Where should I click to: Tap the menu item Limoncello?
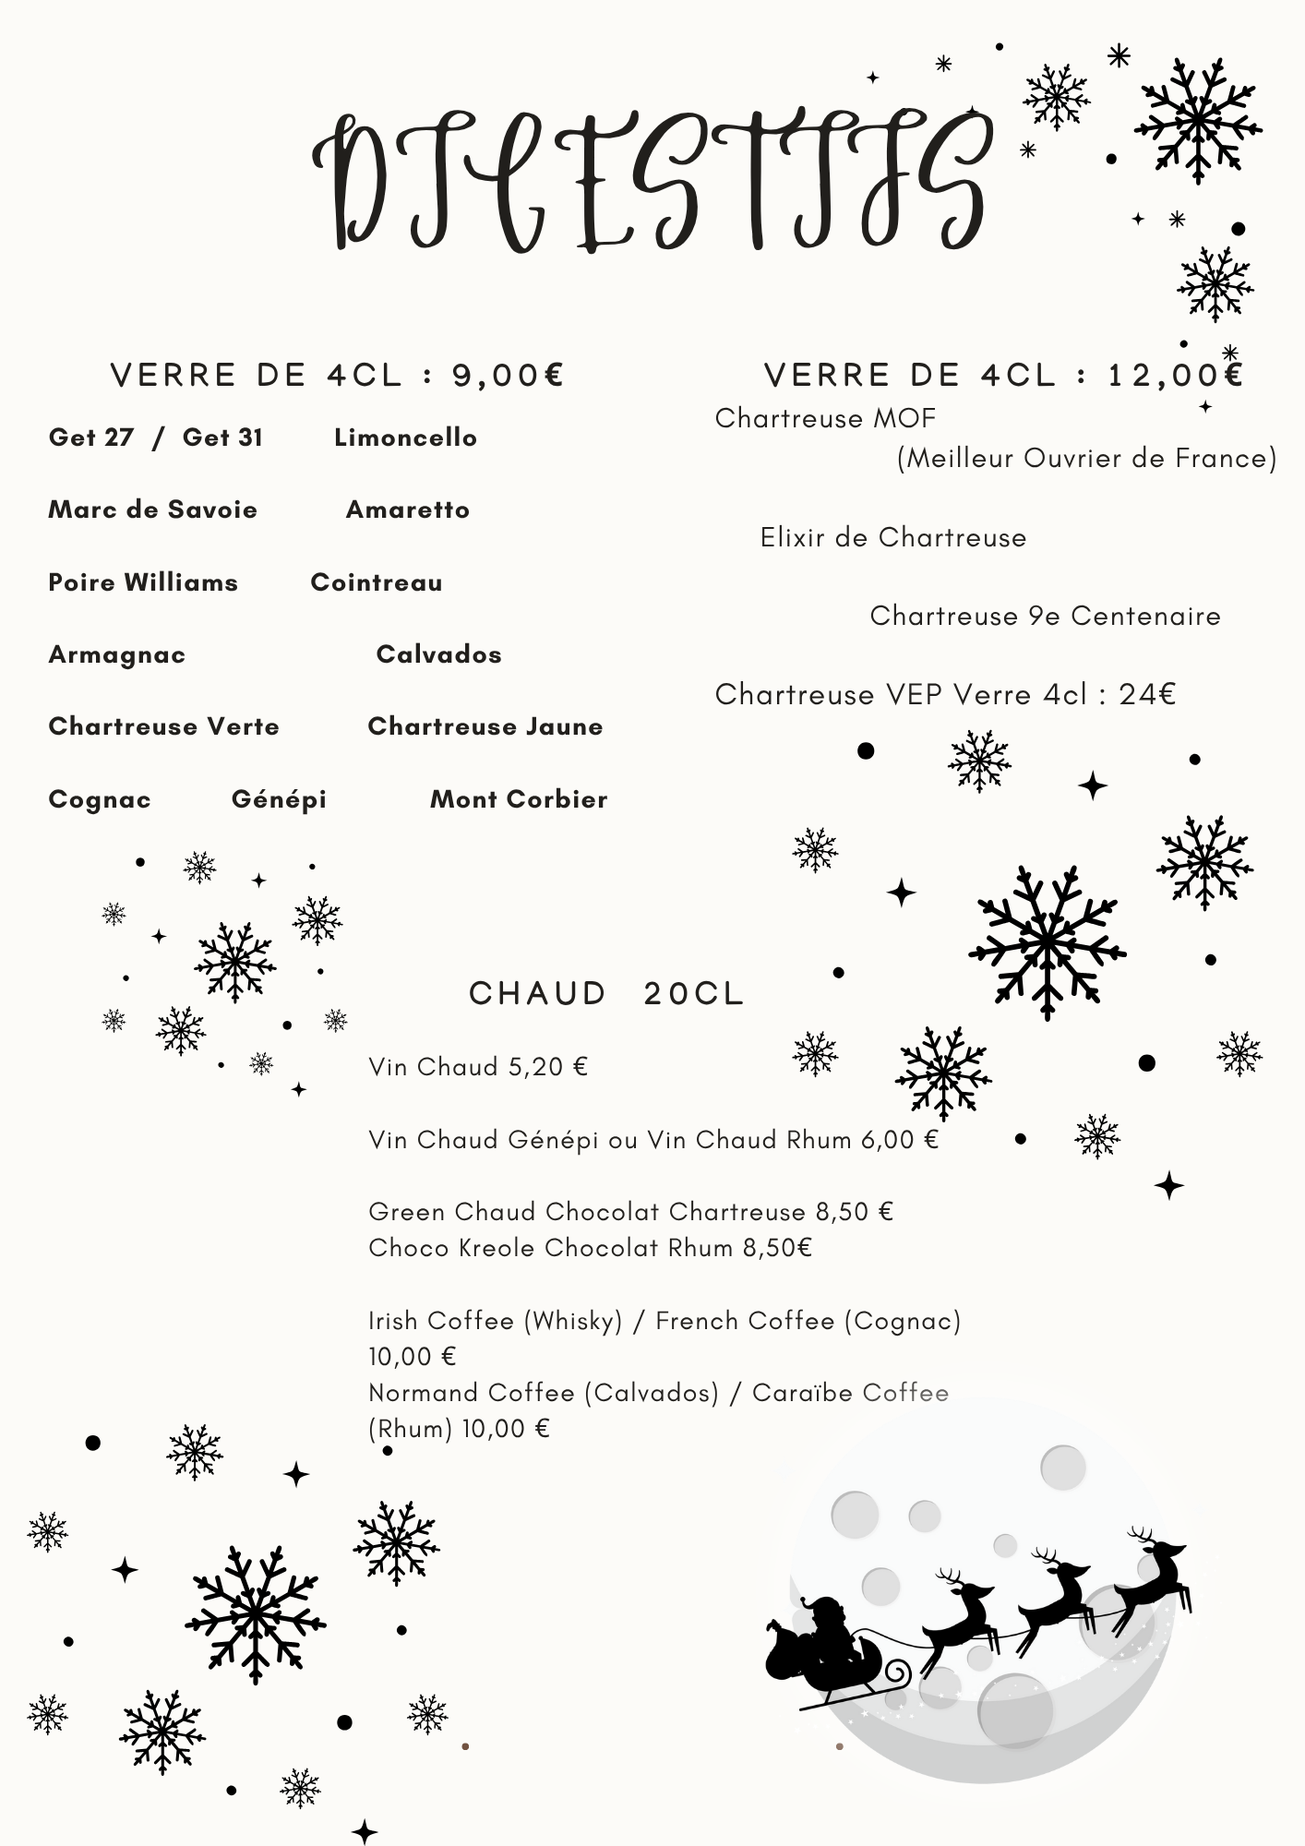pyautogui.click(x=405, y=438)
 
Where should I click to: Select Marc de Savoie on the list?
pyautogui.click(x=152, y=509)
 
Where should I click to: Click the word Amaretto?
pyautogui.click(x=407, y=509)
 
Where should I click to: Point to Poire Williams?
pyautogui.click(x=143, y=582)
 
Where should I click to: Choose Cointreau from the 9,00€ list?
pyautogui.click(x=377, y=582)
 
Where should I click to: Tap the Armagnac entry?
pyautogui.click(x=117, y=654)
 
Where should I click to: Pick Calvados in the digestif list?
pyautogui.click(x=438, y=654)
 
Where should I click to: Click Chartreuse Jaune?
pyautogui.click(x=485, y=726)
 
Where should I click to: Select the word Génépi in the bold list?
pyautogui.click(x=279, y=799)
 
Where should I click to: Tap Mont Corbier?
pyautogui.click(x=519, y=799)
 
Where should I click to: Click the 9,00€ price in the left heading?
pyautogui.click(x=508, y=376)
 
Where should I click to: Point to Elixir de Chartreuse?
pyautogui.click(x=892, y=537)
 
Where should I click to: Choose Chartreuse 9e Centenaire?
pyautogui.click(x=1045, y=616)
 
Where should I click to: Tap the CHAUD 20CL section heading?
pyautogui.click(x=606, y=994)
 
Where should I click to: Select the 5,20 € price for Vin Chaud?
pyautogui.click(x=548, y=1067)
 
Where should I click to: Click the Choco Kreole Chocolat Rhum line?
pyautogui.click(x=590, y=1248)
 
